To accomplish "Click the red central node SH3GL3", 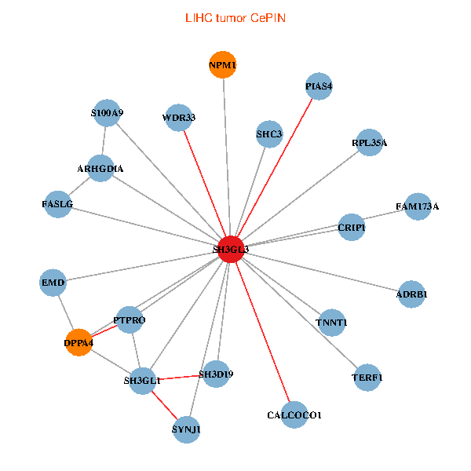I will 230,249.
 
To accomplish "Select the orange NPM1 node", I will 223,64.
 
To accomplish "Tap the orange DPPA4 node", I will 78,342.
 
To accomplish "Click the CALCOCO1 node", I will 294,414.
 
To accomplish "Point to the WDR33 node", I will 179,118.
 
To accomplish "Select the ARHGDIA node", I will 100,168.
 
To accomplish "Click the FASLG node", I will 57,204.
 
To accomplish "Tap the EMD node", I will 53,282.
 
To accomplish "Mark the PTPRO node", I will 130,320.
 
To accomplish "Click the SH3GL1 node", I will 143,381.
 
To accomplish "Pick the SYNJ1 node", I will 186,429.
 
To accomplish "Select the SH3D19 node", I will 216,374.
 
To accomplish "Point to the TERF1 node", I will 367,378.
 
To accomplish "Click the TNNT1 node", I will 331,323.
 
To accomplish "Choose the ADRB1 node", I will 412,294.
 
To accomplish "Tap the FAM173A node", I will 418,206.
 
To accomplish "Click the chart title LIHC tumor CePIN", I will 235,18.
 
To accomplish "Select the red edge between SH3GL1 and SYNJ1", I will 165,405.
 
